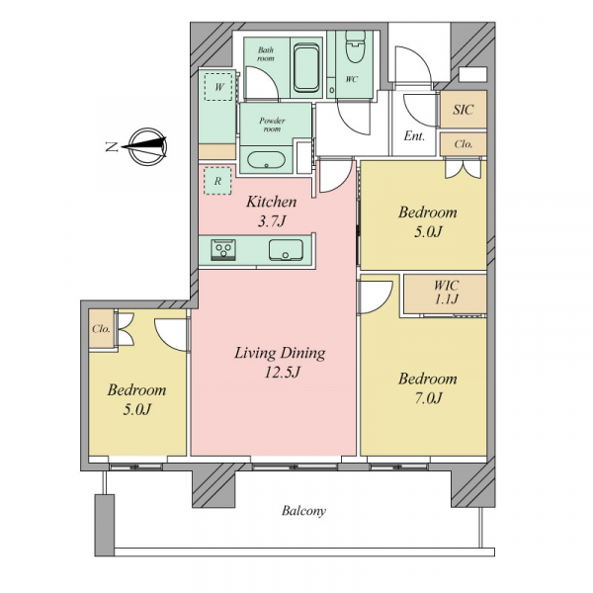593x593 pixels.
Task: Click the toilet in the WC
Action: click(x=355, y=46)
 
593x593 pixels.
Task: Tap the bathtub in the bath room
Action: click(x=306, y=67)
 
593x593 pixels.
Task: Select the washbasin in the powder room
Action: click(x=266, y=160)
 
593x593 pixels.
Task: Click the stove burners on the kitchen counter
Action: click(x=223, y=250)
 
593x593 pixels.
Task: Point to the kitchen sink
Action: click(x=286, y=250)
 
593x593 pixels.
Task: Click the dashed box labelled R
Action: click(x=217, y=181)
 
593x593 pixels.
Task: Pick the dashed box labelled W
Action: click(x=218, y=87)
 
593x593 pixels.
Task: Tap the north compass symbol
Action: click(x=144, y=146)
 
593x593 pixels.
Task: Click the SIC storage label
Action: click(x=464, y=110)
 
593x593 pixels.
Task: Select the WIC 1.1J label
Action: click(x=447, y=292)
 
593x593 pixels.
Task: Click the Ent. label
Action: click(x=414, y=135)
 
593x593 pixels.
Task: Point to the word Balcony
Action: click(x=303, y=511)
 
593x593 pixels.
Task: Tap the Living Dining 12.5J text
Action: click(x=280, y=363)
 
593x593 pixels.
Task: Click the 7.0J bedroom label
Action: click(x=428, y=388)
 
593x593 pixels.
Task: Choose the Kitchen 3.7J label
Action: click(x=271, y=212)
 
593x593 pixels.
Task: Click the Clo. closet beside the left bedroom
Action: click(x=102, y=329)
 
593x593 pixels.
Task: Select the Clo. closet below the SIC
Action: click(x=464, y=144)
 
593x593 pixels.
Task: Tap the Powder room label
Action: click(x=273, y=125)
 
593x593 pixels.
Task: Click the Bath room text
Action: click(x=266, y=54)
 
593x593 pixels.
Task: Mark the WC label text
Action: click(x=351, y=79)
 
